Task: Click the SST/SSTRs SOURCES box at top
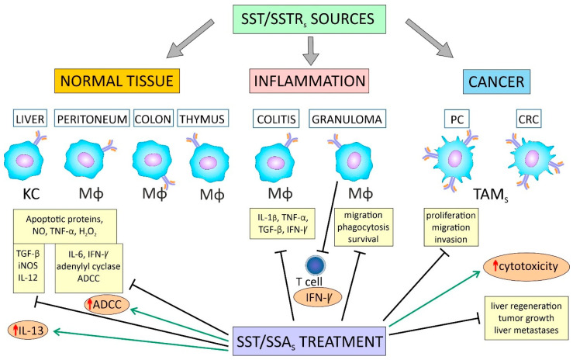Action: click(x=309, y=19)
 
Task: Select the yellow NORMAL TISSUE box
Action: click(x=117, y=81)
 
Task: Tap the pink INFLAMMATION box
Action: click(x=309, y=81)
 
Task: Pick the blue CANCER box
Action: click(x=496, y=81)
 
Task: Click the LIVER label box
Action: click(x=30, y=119)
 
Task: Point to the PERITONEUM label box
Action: click(x=92, y=119)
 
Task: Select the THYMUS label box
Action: click(x=203, y=119)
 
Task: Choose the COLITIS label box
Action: click(x=276, y=119)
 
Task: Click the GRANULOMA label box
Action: click(x=347, y=119)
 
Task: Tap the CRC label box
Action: click(x=529, y=119)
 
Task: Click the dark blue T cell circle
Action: click(x=316, y=265)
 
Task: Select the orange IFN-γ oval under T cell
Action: click(x=318, y=297)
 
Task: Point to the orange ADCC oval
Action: click(x=106, y=304)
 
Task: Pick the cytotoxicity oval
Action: click(x=526, y=267)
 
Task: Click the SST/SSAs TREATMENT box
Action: click(x=309, y=341)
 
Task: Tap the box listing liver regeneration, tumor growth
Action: click(x=526, y=318)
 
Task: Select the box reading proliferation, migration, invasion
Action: click(x=451, y=227)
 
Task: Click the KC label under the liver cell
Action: click(x=31, y=194)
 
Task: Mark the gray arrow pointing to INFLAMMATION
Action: click(x=311, y=50)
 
